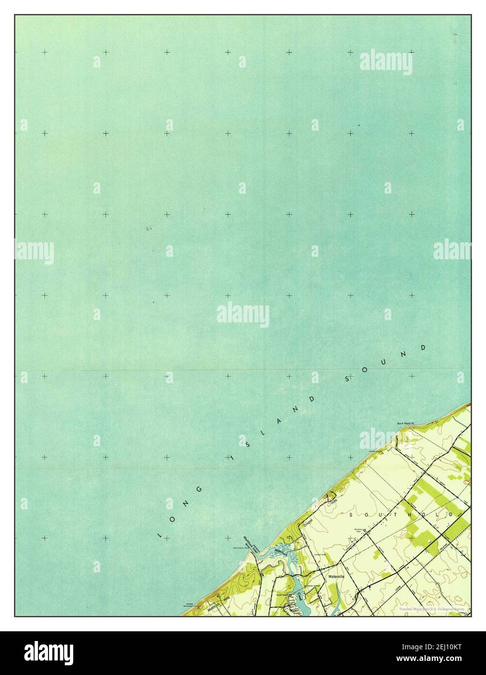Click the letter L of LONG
pyautogui.click(x=160, y=536)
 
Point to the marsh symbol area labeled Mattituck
pyautogui.click(x=282, y=552)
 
